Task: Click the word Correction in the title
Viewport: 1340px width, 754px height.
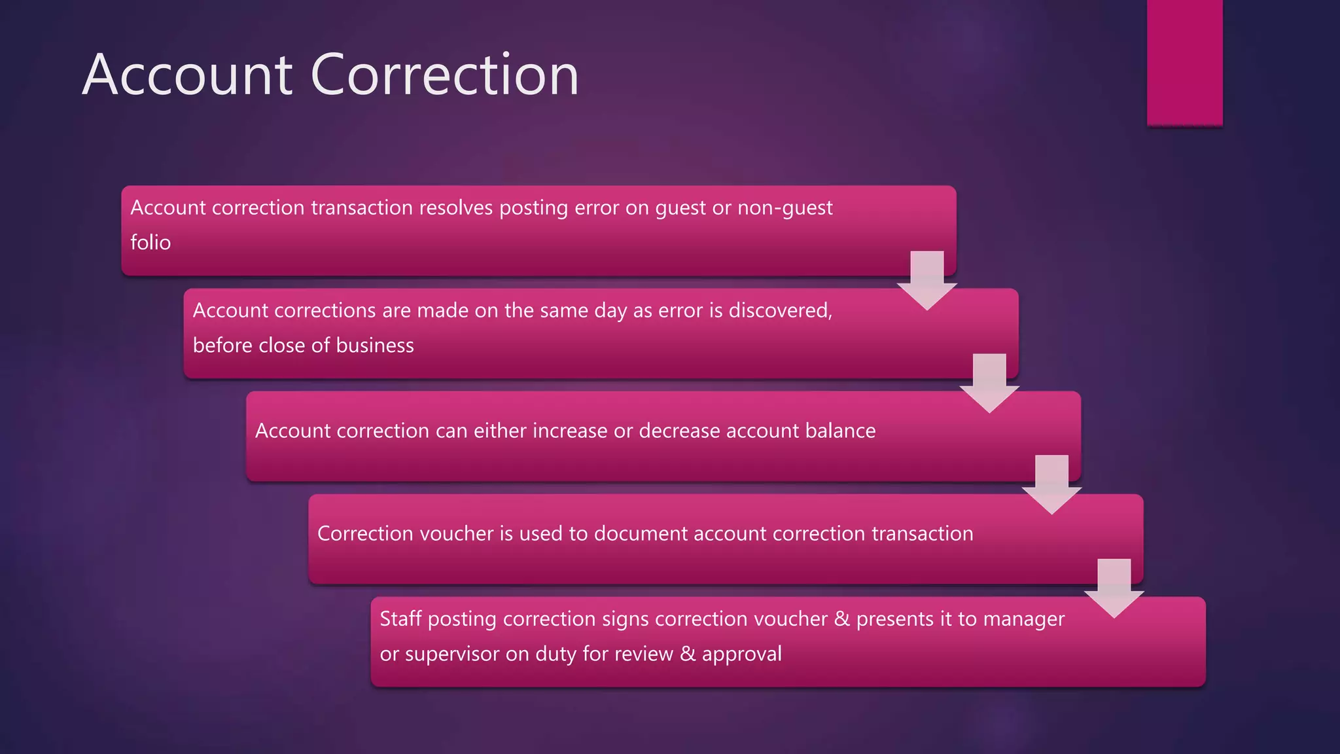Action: (445, 75)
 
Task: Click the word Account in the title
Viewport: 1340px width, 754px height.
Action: (188, 75)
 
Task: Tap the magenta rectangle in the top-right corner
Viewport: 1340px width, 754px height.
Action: (1184, 62)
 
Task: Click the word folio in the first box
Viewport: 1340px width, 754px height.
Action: (150, 243)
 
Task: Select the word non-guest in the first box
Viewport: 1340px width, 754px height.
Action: (785, 208)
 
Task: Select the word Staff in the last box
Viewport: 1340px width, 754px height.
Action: (400, 619)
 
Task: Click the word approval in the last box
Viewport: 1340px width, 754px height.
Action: (741, 654)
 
